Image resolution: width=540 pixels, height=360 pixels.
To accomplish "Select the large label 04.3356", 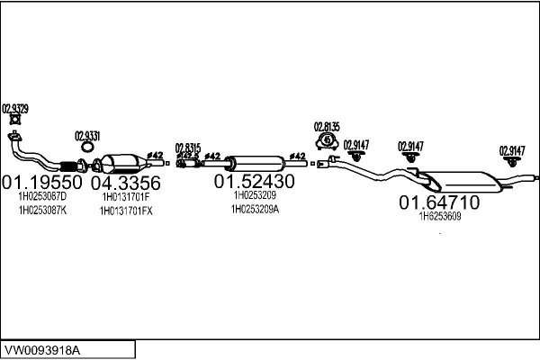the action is (x=126, y=183).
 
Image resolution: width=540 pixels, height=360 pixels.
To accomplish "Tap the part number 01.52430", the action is (x=254, y=181).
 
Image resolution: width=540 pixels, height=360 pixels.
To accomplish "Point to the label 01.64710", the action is (x=439, y=203).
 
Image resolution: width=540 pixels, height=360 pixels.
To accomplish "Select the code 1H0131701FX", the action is (x=127, y=211).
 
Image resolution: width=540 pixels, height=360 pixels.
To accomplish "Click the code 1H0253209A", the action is (x=255, y=209).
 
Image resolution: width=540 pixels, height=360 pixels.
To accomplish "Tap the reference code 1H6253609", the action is (x=439, y=216).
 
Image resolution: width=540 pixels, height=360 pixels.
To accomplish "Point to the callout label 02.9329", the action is (x=15, y=108).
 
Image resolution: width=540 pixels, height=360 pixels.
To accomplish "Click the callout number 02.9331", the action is (x=86, y=135).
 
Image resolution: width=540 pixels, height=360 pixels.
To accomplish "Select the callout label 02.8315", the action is (x=188, y=148).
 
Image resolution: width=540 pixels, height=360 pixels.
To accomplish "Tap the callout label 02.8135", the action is (x=326, y=126).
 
